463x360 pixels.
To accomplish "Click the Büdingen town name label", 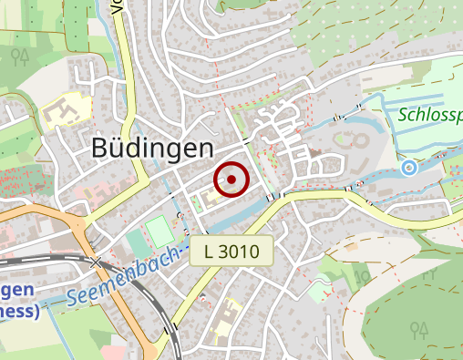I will (153, 149).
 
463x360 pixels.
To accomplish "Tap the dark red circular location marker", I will (231, 180).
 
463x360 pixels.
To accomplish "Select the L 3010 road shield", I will (232, 251).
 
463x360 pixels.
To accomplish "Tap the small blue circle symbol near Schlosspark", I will (409, 168).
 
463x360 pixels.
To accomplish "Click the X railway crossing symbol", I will (97, 262).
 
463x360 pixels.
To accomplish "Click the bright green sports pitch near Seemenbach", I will (160, 230).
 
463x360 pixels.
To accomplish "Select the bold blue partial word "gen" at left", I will (11, 291).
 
